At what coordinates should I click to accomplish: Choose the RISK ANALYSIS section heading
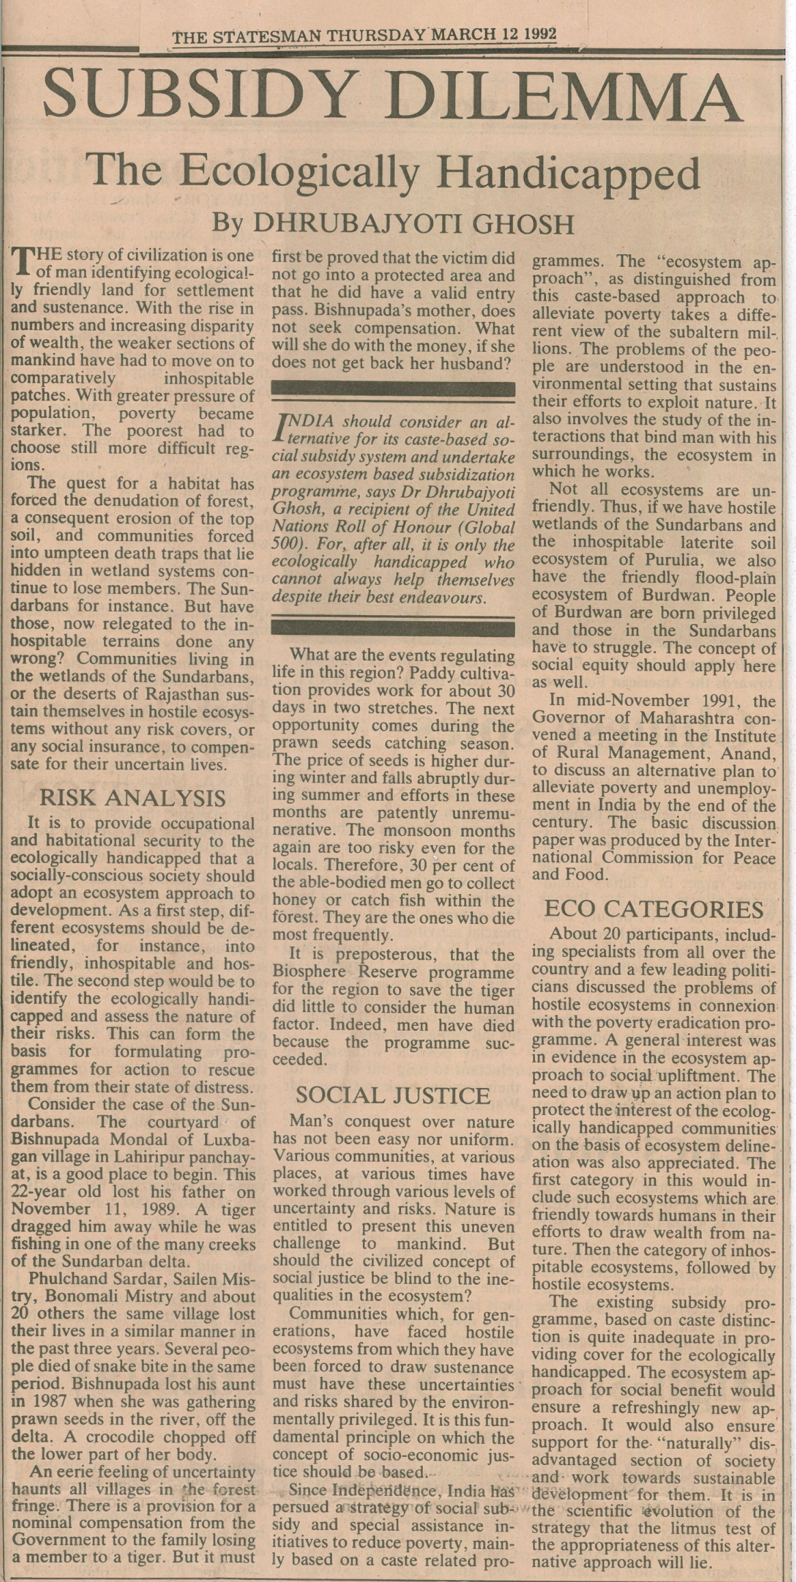[133, 797]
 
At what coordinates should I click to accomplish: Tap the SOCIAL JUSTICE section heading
[393, 1095]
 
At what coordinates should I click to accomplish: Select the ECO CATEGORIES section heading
[654, 910]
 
